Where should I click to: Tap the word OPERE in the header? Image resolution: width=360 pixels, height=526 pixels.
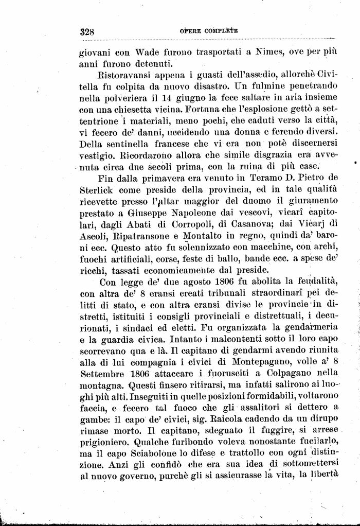(189, 31)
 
